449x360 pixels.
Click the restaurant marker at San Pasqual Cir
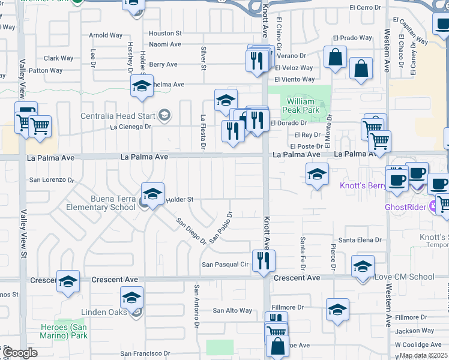(x=263, y=260)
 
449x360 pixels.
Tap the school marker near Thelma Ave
(x=142, y=86)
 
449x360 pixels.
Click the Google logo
(x=19, y=353)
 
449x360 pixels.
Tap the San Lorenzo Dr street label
(x=52, y=179)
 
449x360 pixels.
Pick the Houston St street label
(x=165, y=33)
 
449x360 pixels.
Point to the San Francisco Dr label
(x=147, y=354)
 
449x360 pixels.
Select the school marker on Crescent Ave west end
(x=68, y=281)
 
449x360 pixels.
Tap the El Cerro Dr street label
(x=366, y=7)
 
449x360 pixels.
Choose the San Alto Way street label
(x=233, y=310)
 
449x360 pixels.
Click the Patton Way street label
(x=46, y=70)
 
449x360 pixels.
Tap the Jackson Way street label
(x=414, y=331)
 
